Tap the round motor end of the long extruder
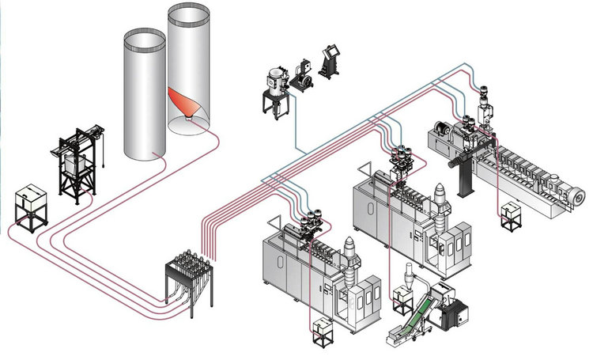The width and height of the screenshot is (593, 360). click(x=579, y=195)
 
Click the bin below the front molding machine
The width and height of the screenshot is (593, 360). click(x=322, y=332)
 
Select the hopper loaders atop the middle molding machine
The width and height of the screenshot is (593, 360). click(x=398, y=155)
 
